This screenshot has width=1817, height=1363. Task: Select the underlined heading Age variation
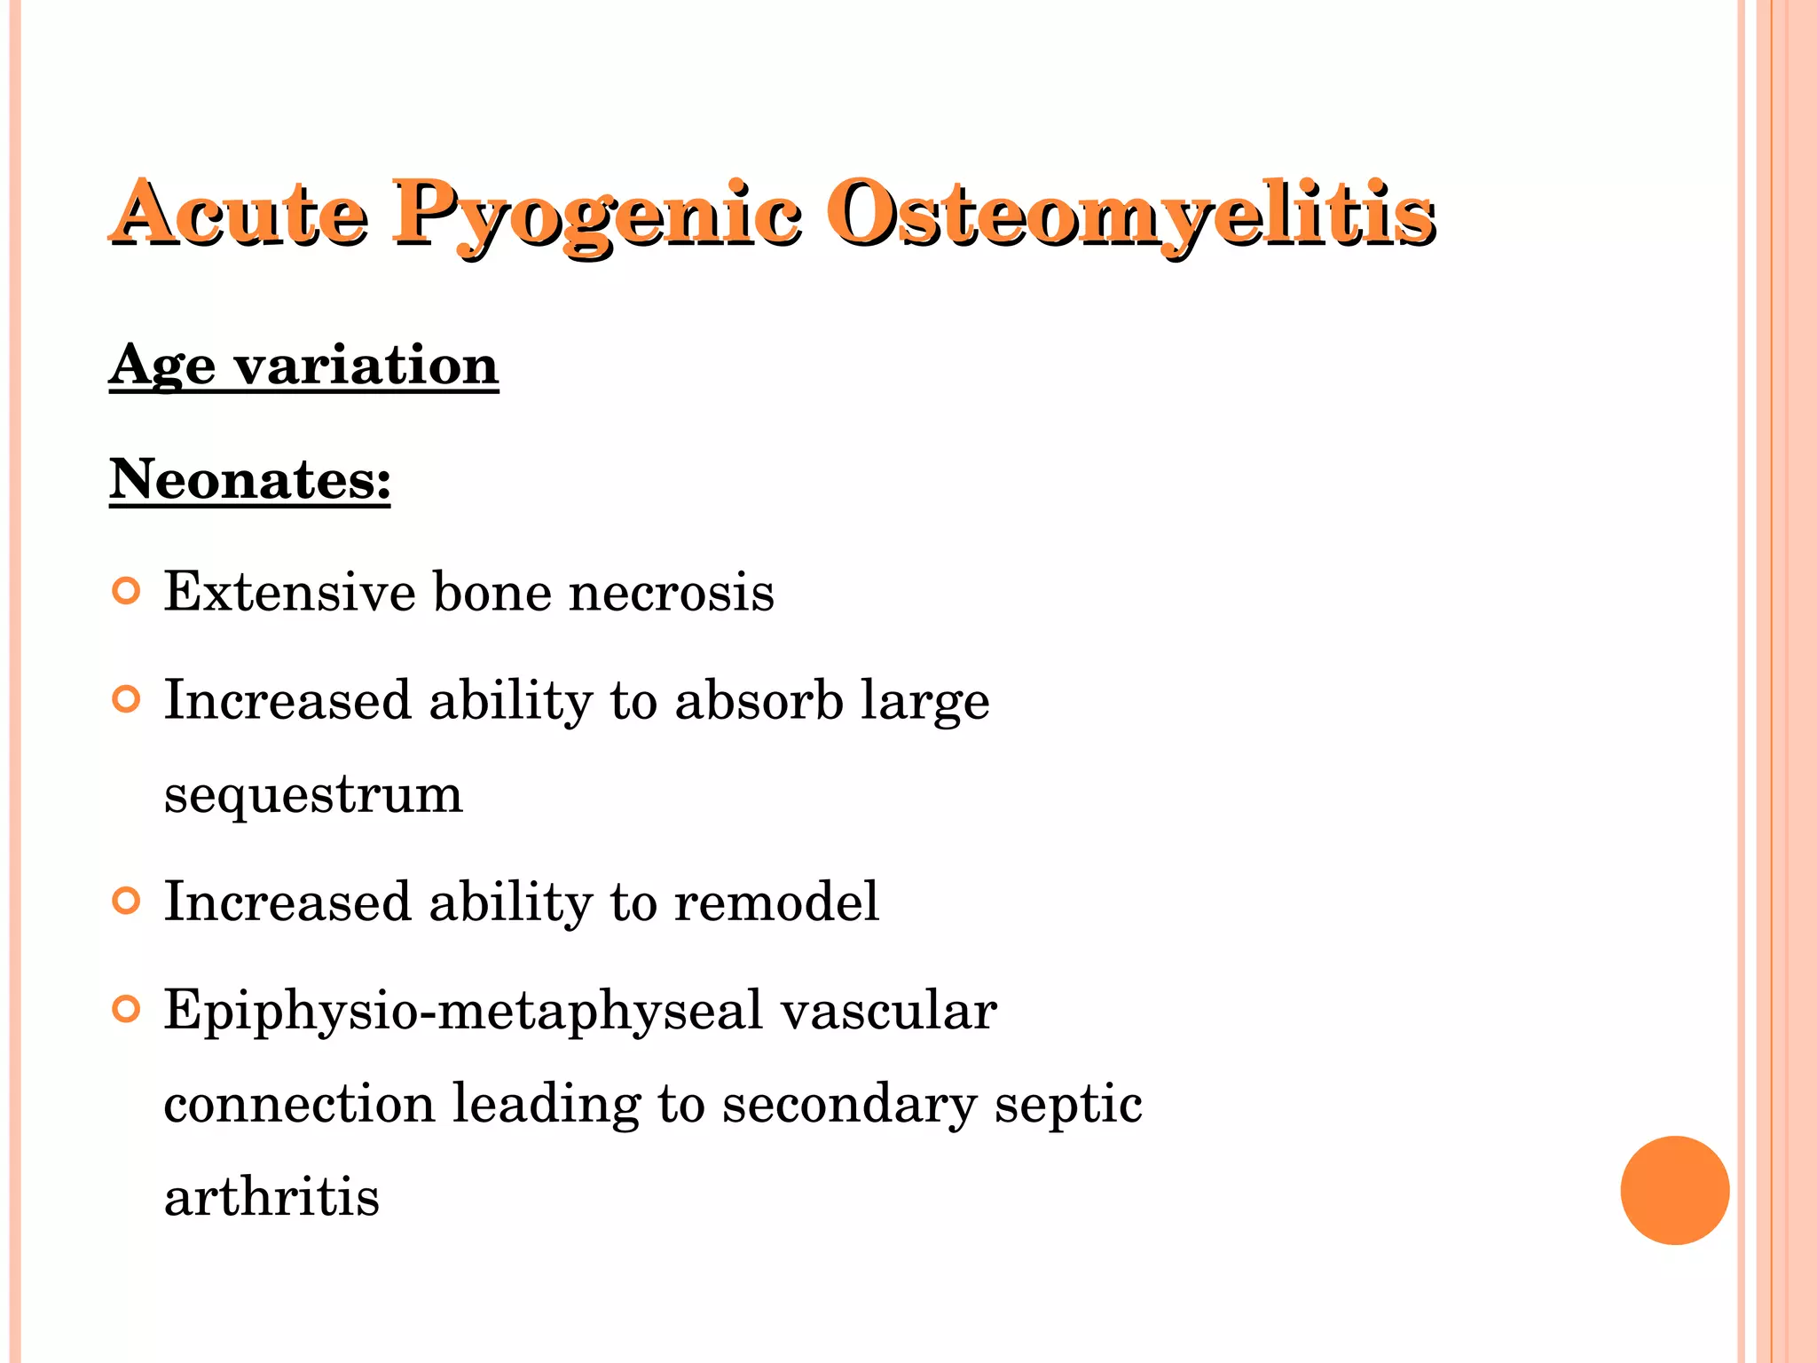[x=303, y=365]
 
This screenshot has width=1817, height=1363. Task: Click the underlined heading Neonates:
[x=250, y=479]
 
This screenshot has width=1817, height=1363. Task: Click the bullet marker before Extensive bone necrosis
[x=127, y=591]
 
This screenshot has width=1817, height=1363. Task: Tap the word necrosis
[x=671, y=593]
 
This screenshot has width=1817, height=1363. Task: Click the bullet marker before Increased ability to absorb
[x=127, y=700]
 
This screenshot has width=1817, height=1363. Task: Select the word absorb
[x=759, y=700]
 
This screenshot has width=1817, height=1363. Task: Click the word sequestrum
[x=313, y=794]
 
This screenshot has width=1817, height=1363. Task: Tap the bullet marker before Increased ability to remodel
[x=127, y=902]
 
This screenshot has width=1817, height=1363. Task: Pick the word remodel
[x=776, y=902]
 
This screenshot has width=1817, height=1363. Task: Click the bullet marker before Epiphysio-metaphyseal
[x=127, y=1010]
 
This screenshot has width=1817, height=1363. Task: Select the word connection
[x=299, y=1104]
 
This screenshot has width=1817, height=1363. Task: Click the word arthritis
[x=271, y=1196]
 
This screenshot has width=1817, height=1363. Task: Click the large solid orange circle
[x=1674, y=1190]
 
